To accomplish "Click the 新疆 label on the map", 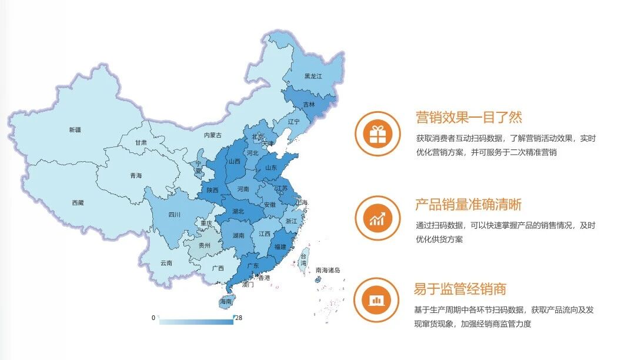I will [x=75, y=129].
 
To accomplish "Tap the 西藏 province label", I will [x=78, y=203].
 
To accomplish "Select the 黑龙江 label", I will [x=313, y=76].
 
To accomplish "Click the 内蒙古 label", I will [x=212, y=135].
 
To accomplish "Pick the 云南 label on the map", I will [x=166, y=263].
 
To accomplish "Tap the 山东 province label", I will [x=271, y=168].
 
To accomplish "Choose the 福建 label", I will [x=280, y=247].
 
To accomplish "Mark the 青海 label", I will [x=136, y=175].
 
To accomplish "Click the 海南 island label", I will [x=226, y=302].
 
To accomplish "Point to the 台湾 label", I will [x=304, y=259].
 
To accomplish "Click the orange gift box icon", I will [x=377, y=134].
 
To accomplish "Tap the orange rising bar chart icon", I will [x=377, y=218].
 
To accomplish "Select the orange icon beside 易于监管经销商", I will [x=377, y=300].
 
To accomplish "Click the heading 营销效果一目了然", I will [x=469, y=117].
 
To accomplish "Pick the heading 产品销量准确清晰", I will [x=469, y=205].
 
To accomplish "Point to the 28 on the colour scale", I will [x=239, y=318].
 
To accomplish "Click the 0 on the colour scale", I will [x=153, y=318].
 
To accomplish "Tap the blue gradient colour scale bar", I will [x=196, y=322].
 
